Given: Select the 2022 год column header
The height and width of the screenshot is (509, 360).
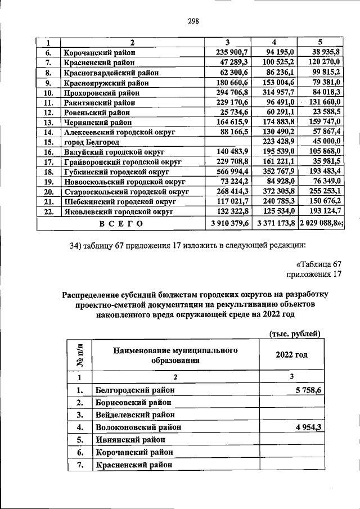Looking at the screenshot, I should click(291, 355).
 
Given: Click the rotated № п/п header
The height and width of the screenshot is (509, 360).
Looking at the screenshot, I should click(79, 355).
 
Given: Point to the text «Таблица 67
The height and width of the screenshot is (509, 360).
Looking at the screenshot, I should click(318, 264).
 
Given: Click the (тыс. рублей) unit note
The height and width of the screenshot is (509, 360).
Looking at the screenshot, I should click(295, 334).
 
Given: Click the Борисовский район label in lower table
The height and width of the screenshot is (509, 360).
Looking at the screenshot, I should click(132, 402).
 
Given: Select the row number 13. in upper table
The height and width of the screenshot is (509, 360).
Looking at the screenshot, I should click(48, 122).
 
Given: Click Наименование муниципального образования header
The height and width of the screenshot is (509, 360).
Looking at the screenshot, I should click(175, 355).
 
